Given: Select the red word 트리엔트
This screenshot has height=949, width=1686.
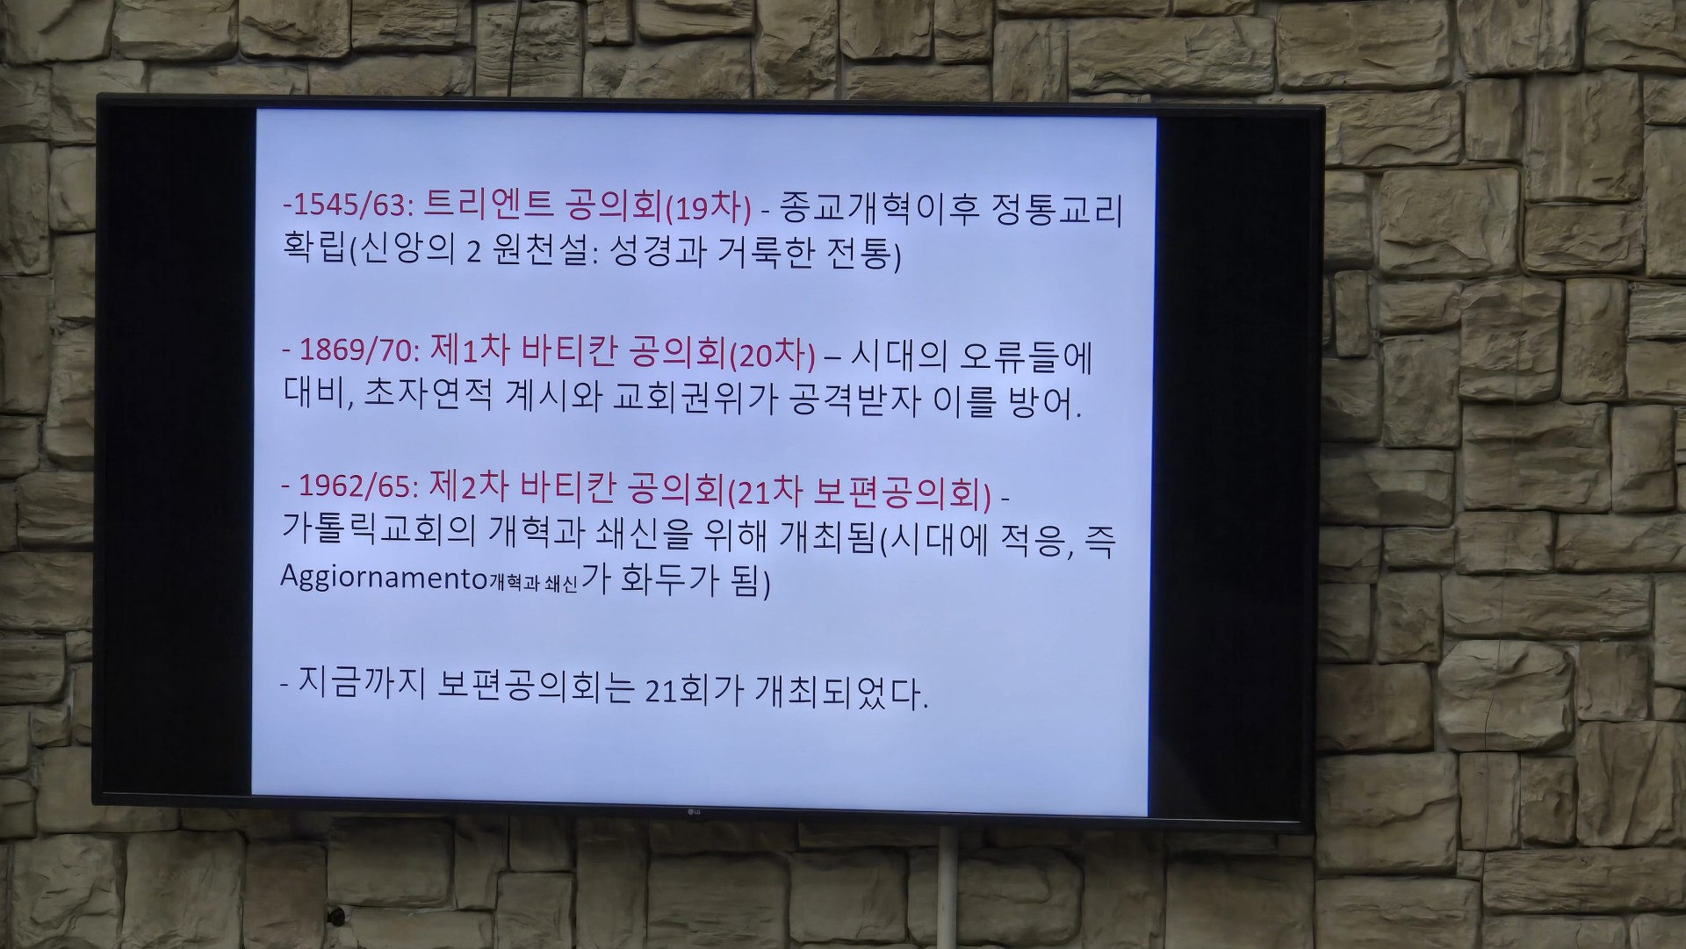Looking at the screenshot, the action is pyautogui.click(x=488, y=205).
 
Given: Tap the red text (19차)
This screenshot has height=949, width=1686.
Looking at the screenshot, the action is pyautogui.click(x=710, y=207).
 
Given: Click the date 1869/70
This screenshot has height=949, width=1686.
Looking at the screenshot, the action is pyautogui.click(x=356, y=349).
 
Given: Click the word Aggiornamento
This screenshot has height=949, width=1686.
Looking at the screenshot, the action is pyautogui.click(x=384, y=577).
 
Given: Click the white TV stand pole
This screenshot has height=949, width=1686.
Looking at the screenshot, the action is pyautogui.click(x=947, y=887).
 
